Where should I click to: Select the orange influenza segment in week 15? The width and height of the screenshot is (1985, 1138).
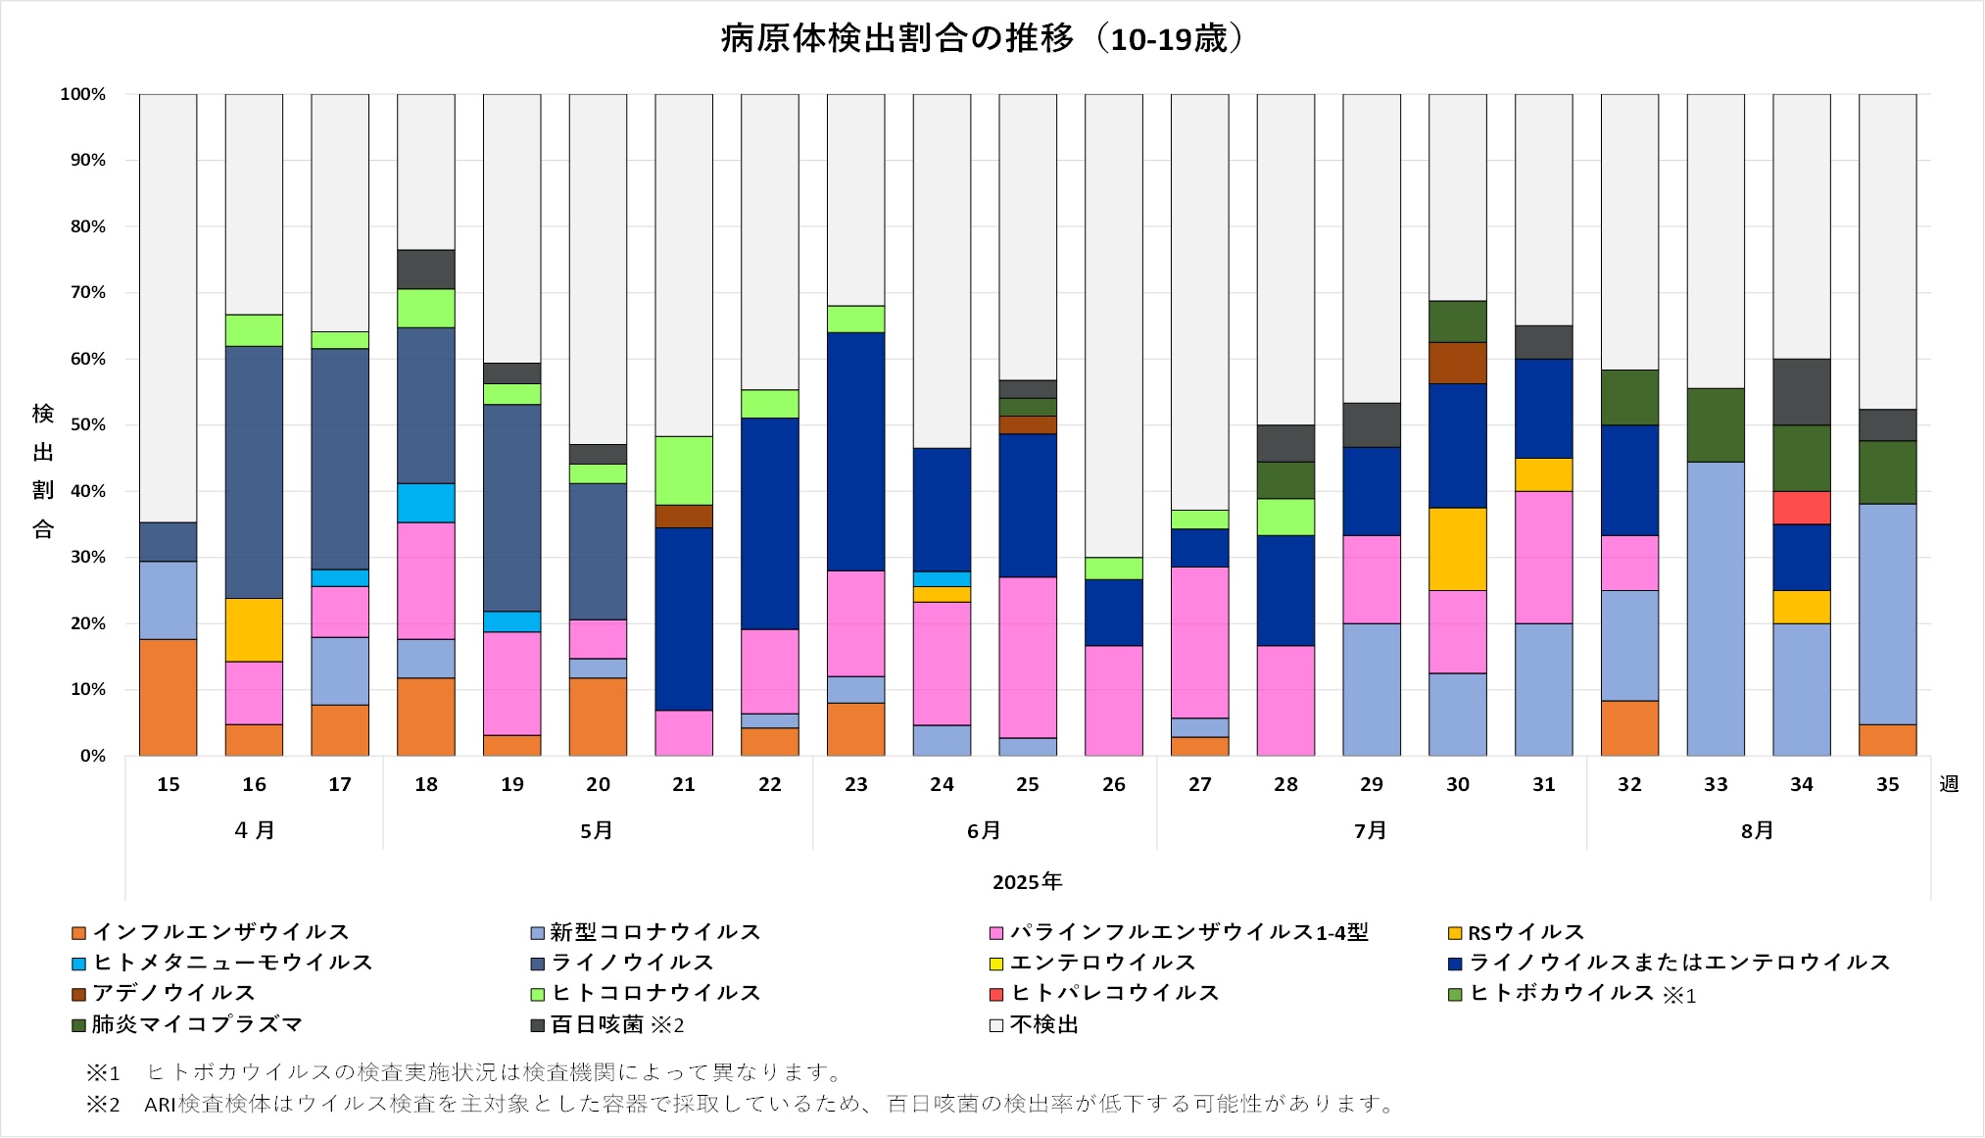pos(168,697)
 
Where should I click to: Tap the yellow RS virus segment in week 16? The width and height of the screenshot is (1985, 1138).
pos(254,629)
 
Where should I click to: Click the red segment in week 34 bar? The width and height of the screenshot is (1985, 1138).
pos(1801,508)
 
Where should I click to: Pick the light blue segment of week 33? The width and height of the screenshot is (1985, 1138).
pos(1715,608)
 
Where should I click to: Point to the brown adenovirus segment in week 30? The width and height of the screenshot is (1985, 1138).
pos(1457,363)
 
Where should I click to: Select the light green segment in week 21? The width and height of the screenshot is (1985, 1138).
pos(684,470)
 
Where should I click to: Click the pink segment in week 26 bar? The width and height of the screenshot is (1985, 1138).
pos(1113,700)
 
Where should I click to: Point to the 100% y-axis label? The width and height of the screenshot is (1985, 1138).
pos(83,94)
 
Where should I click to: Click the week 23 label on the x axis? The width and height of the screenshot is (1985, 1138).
pos(855,784)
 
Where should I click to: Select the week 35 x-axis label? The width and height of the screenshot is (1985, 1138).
pos(1887,784)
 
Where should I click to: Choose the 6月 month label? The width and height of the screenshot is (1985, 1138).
pos(984,831)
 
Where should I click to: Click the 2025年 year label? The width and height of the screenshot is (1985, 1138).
pos(1027,882)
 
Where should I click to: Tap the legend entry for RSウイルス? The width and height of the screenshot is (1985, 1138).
pos(1525,932)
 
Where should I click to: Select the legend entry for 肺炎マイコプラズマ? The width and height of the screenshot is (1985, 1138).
pos(196,1024)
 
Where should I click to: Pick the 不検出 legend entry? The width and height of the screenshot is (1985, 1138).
pos(1043,1024)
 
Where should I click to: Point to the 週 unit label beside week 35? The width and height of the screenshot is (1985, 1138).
pos(1949,784)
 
